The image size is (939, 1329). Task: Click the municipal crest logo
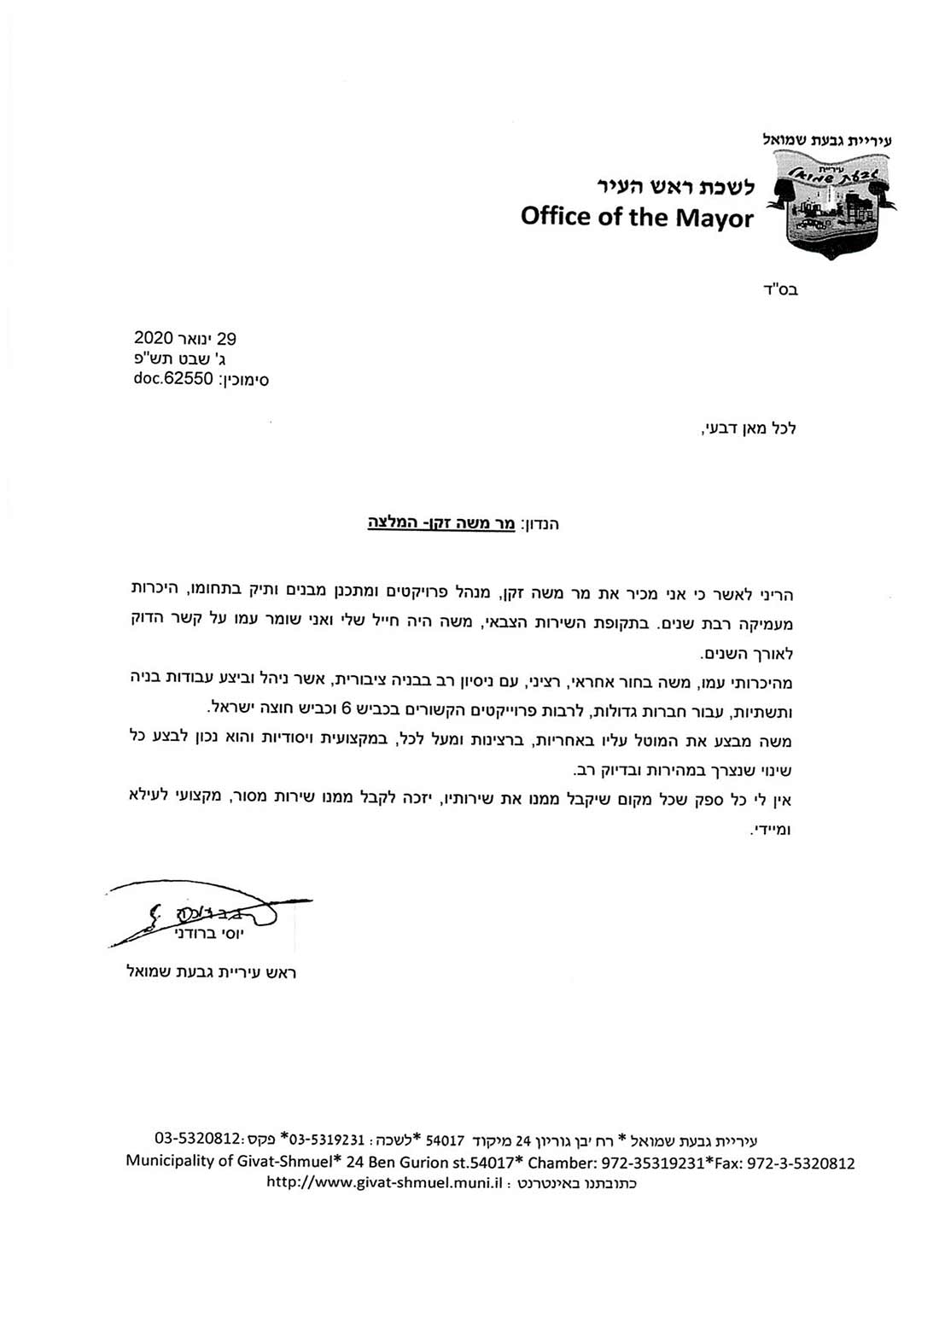831,203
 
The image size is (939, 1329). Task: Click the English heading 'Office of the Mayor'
637,217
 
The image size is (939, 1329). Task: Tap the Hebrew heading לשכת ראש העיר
674,186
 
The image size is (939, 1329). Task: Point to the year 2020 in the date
154,339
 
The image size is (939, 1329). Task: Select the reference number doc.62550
173,379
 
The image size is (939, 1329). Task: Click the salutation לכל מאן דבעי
748,428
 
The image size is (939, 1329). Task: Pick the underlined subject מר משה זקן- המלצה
441,522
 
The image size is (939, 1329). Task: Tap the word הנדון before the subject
539,523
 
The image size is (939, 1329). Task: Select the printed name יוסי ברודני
208,935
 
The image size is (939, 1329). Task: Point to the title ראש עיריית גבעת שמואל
210,972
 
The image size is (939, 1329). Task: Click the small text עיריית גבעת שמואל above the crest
826,140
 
